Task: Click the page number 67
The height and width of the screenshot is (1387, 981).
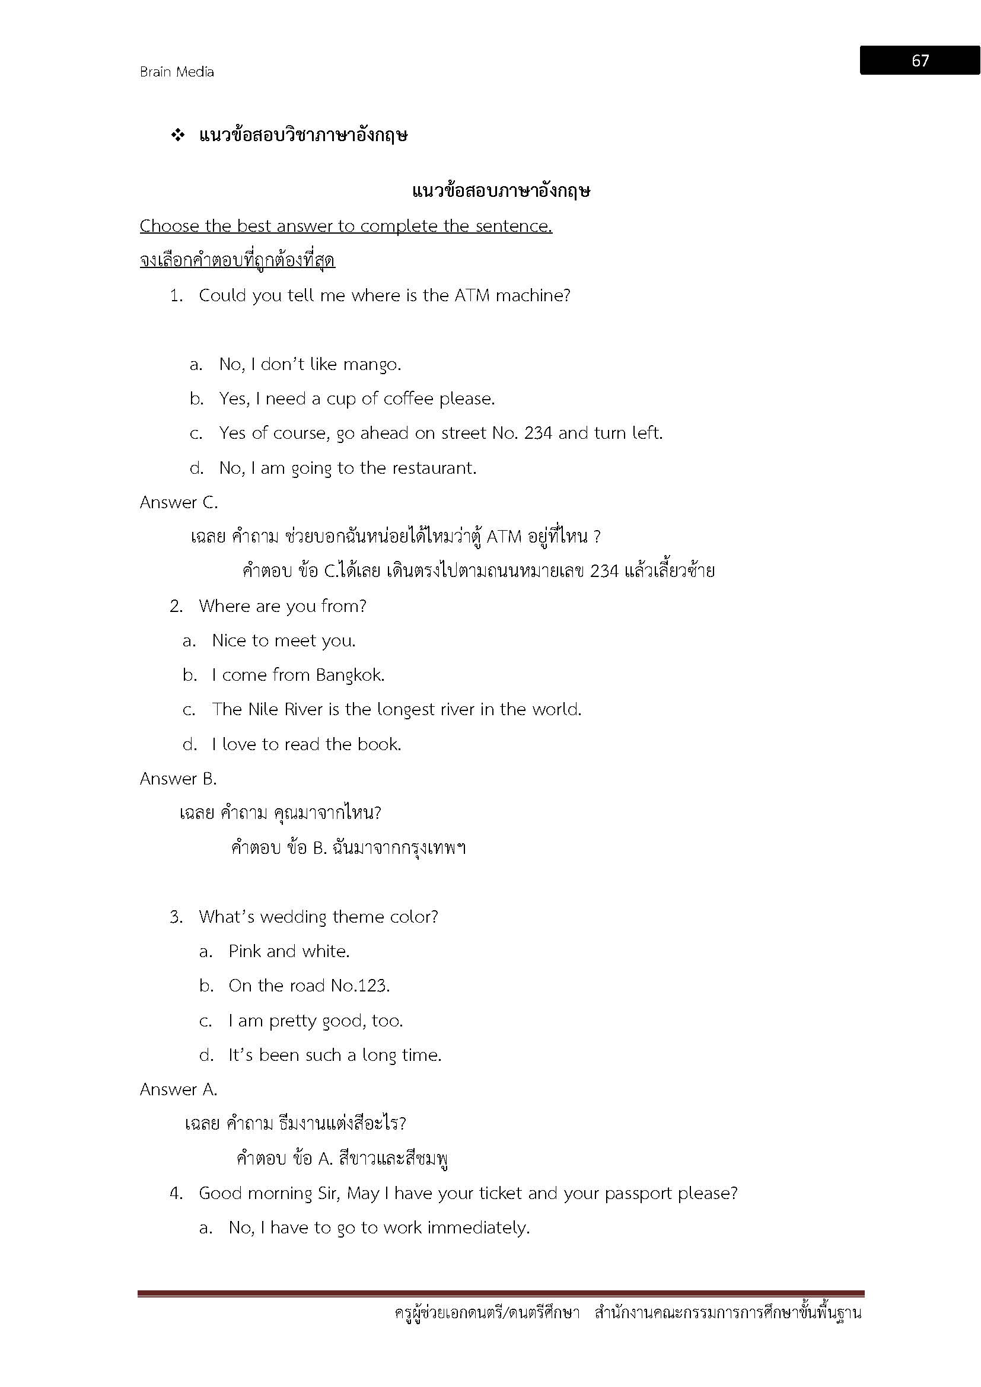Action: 919,60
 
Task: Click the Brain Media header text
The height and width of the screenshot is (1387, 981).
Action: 177,72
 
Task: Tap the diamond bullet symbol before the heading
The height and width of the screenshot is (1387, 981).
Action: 178,135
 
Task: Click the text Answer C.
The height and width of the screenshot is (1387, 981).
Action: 179,503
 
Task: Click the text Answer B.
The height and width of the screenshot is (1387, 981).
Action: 178,779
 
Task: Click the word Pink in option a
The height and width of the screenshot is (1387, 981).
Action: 244,951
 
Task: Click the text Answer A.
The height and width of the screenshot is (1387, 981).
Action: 178,1089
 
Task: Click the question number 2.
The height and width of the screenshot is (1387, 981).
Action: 176,607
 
